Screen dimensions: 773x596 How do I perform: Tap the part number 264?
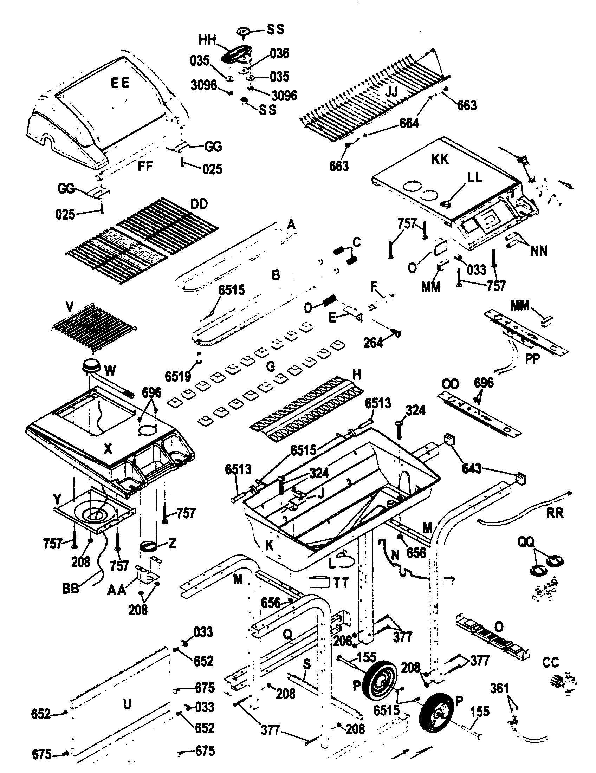click(374, 343)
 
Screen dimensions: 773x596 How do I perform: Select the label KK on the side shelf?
click(440, 160)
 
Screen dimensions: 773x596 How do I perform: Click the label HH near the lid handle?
click(207, 40)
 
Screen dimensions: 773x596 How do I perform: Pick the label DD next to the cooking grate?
click(199, 204)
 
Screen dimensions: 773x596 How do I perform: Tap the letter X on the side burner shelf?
click(108, 449)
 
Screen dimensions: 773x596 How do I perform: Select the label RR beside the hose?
click(555, 513)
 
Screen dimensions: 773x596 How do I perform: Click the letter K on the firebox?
click(270, 545)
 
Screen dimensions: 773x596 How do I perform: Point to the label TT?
click(341, 583)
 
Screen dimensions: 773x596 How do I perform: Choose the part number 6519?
click(178, 377)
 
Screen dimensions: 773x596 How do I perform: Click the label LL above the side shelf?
click(475, 178)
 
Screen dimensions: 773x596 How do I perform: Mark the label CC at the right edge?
click(550, 663)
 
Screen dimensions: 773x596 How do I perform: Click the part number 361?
click(499, 688)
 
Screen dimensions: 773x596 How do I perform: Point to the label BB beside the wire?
click(70, 589)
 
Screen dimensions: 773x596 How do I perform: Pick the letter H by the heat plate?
click(357, 375)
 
